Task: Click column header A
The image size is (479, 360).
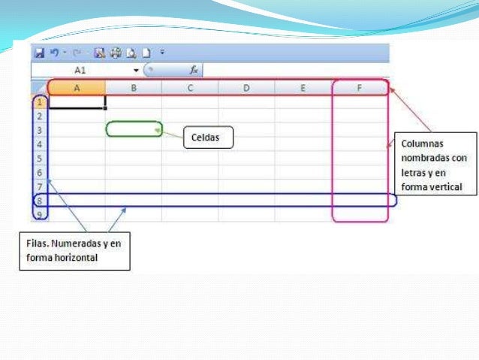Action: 77,89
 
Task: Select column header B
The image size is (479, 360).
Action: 133,89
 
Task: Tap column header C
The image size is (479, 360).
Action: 190,89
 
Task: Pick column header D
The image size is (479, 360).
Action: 246,89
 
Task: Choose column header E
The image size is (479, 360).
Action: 303,89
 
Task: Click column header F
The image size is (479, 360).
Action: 360,89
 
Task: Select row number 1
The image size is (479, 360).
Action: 40,102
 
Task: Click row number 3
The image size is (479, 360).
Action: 40,130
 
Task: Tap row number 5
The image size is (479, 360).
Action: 40,159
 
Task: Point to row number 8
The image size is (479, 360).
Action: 40,201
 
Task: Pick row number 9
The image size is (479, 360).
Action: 40,214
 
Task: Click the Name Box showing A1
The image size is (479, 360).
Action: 81,70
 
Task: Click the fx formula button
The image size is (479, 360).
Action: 193,70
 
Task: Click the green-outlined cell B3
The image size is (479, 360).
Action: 134,129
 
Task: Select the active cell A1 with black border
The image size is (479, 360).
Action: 77,102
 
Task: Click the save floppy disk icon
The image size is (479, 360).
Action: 38,53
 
